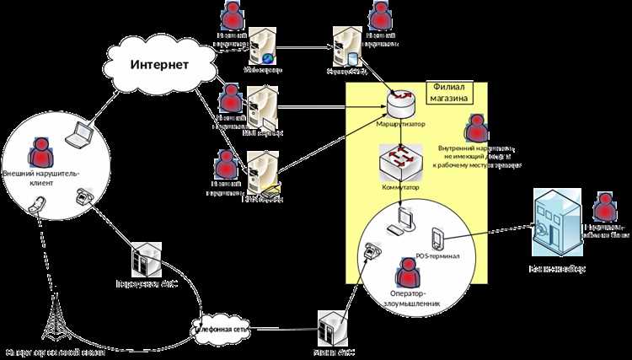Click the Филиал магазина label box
tap(449, 93)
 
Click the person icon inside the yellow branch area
tap(478, 128)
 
